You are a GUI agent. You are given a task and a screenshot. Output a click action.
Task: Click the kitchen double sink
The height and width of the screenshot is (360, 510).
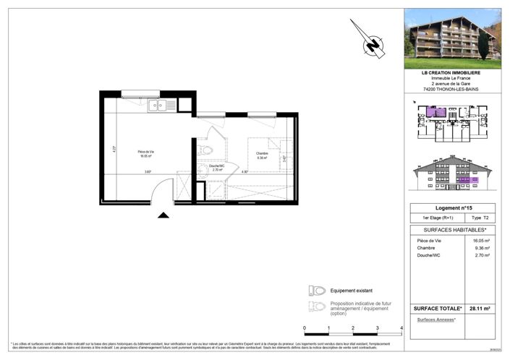pos(157,106)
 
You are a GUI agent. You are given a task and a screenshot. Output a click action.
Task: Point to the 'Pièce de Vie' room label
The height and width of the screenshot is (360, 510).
pos(147,153)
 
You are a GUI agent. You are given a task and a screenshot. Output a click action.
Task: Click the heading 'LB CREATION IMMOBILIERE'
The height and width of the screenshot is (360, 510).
pos(451,72)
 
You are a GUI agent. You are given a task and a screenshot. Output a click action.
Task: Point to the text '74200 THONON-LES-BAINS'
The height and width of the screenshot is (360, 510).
pos(451,89)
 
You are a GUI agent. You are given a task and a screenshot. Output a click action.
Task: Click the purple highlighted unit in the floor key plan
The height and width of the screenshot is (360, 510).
pos(435,112)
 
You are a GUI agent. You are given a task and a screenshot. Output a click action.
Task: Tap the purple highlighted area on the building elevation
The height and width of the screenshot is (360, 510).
pos(469,179)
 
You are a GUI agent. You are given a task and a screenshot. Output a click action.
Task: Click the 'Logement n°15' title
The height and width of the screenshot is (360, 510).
pos(451,207)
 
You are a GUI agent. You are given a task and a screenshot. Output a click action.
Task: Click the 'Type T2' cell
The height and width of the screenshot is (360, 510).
pos(480,218)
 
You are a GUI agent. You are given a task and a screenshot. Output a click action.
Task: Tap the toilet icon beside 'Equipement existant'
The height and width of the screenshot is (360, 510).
pos(316,290)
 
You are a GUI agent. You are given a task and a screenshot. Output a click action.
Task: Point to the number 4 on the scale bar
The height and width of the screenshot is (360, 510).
pos(400,327)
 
